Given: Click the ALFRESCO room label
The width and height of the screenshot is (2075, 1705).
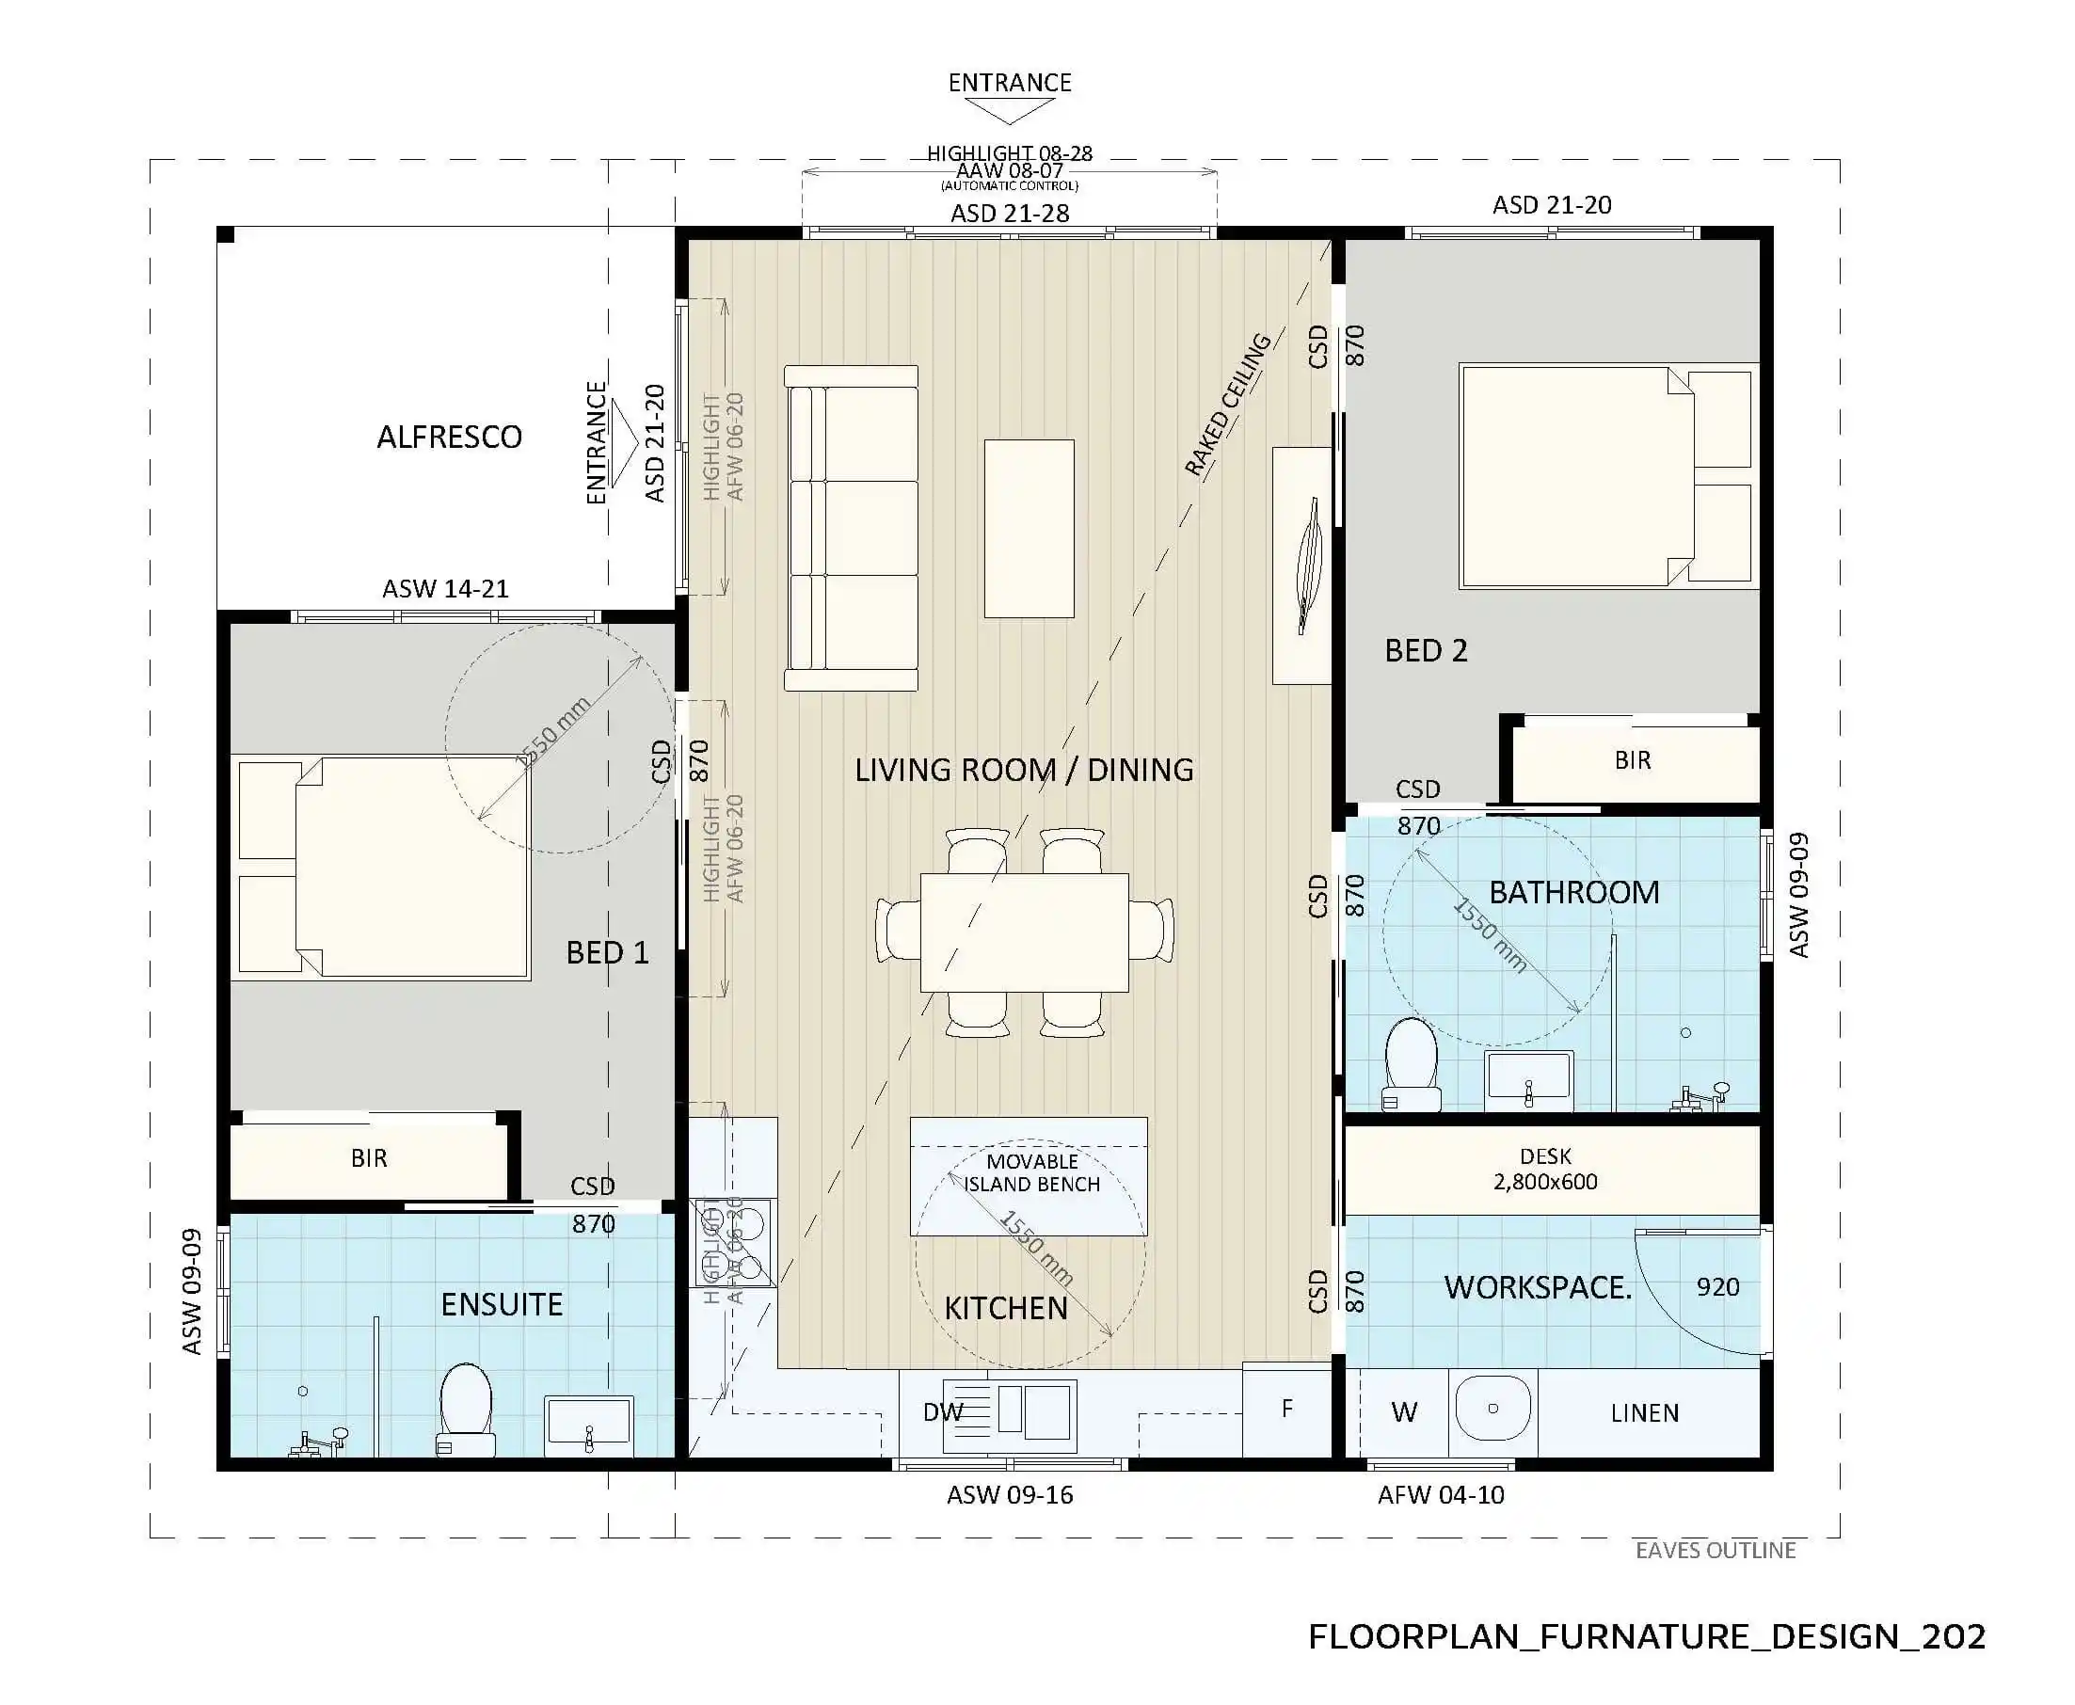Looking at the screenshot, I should [449, 437].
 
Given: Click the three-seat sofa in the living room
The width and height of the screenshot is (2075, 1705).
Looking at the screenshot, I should [852, 529].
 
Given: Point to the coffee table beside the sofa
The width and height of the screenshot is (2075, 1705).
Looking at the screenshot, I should [1029, 529].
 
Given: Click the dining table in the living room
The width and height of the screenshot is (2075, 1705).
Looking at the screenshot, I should [1023, 932].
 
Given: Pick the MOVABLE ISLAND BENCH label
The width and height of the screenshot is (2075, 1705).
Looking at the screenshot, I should [1031, 1172].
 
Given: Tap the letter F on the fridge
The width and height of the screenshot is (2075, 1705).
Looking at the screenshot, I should [1286, 1409].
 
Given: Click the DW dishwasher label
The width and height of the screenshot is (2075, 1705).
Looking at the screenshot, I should [942, 1412].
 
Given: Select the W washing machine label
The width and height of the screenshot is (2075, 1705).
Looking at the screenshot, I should [1403, 1412].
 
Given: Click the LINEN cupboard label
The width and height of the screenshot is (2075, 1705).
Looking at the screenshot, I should [1644, 1412].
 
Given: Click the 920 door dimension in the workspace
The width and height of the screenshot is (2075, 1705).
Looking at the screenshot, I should [1717, 1286].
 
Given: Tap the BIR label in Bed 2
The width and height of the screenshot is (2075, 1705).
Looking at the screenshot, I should [1632, 760].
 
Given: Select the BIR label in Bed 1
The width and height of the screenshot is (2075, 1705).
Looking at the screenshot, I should [368, 1158].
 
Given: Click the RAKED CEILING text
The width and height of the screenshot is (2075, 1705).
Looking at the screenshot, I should [1227, 405].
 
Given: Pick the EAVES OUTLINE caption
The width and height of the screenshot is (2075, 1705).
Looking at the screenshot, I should [1715, 1550].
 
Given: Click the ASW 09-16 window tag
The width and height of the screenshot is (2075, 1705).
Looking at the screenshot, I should [1010, 1495].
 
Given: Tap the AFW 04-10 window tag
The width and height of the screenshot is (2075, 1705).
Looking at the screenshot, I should [1441, 1495].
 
